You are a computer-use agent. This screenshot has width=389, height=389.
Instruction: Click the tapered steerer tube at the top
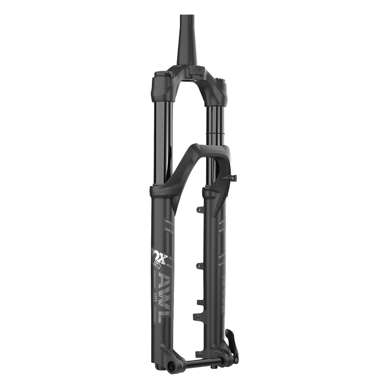click(x=187, y=41)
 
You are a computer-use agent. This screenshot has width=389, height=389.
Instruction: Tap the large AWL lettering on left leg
click(x=161, y=296)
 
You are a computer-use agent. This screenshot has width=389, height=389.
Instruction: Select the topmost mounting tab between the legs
click(x=199, y=209)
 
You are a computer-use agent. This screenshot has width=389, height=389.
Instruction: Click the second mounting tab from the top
click(x=199, y=265)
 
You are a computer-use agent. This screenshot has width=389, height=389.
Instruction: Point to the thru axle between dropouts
click(x=199, y=360)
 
